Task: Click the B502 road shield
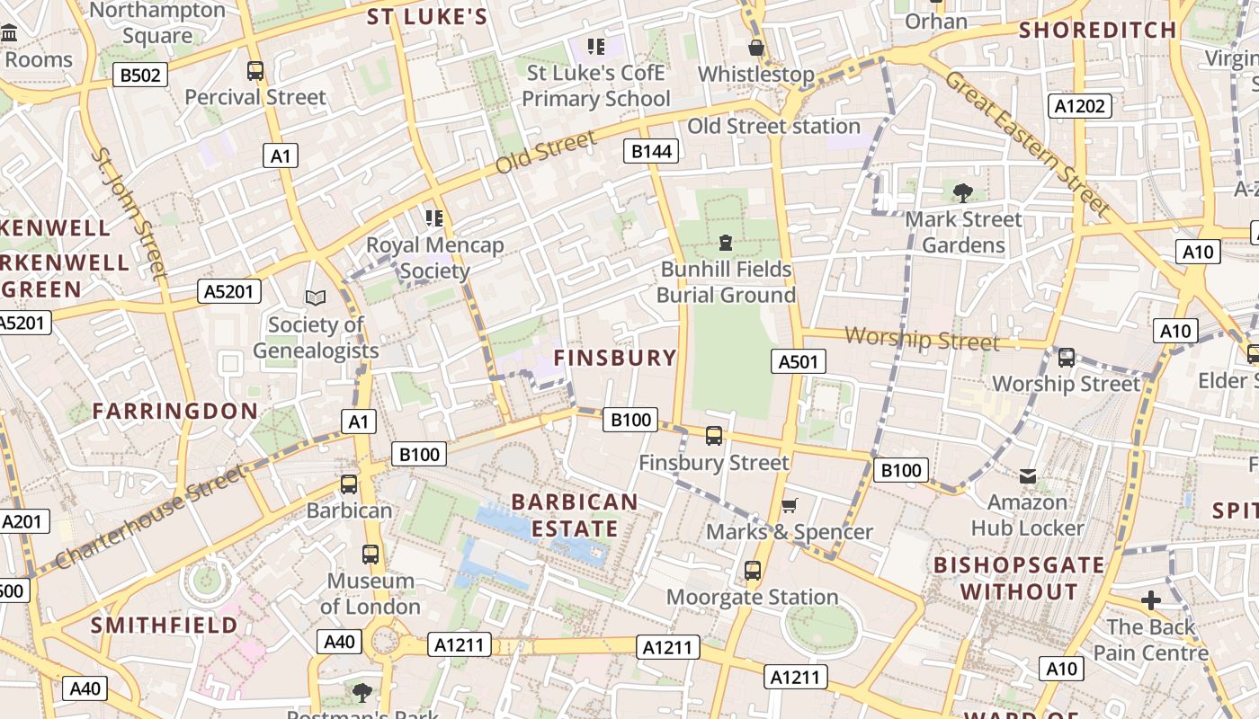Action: pyautogui.click(x=140, y=75)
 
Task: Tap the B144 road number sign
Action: pyautogui.click(x=651, y=151)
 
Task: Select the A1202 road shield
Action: pyautogui.click(x=1079, y=106)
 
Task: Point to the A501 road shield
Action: pyautogui.click(x=798, y=361)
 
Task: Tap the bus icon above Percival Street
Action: pyautogui.click(x=255, y=70)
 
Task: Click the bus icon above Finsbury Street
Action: pyautogui.click(x=714, y=436)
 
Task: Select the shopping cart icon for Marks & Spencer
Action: pyautogui.click(x=790, y=505)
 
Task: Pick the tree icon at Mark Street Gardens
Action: pyautogui.click(x=963, y=192)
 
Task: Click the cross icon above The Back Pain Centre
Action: pyautogui.click(x=1150, y=600)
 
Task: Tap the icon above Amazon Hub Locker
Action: pyautogui.click(x=1027, y=475)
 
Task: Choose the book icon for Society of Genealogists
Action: pyautogui.click(x=315, y=297)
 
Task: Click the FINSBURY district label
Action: pyautogui.click(x=615, y=358)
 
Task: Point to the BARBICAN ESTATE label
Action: pyautogui.click(x=575, y=515)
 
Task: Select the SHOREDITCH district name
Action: pyautogui.click(x=1097, y=30)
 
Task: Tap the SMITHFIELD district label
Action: pyautogui.click(x=164, y=625)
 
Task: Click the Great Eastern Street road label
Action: pyautogui.click(x=1027, y=144)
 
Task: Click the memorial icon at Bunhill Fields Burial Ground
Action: pyautogui.click(x=725, y=242)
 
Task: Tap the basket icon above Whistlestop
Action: pyautogui.click(x=756, y=48)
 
